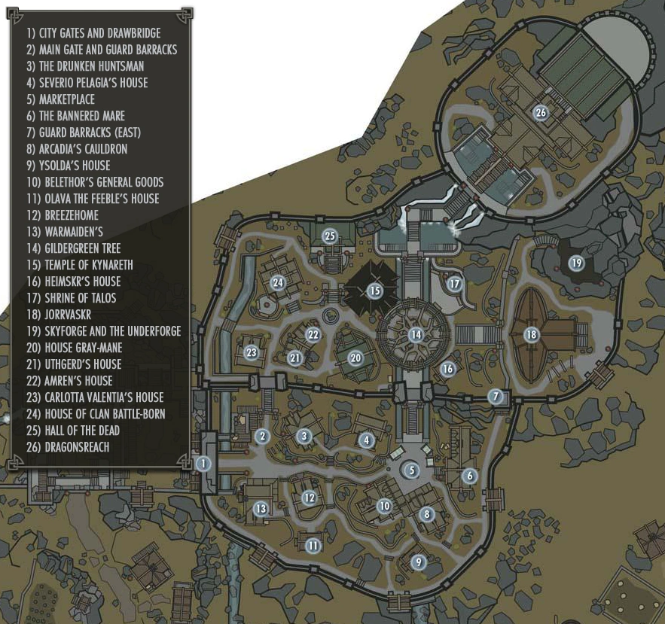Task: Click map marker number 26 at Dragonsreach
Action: [540, 112]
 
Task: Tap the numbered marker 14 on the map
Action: [416, 333]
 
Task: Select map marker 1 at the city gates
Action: [202, 464]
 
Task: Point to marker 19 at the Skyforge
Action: [576, 263]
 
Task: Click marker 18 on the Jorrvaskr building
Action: [532, 335]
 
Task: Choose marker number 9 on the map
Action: [419, 562]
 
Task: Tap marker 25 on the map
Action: [329, 236]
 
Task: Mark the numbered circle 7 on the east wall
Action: [495, 397]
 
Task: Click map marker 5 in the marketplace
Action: [410, 471]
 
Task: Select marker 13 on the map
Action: [261, 509]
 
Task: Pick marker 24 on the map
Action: [278, 282]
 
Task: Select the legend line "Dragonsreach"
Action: [68, 447]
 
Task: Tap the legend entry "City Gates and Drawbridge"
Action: [93, 33]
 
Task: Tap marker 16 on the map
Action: [448, 369]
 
